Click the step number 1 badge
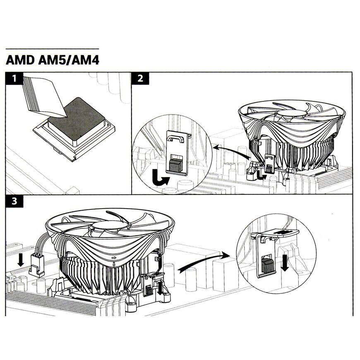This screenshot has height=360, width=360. coord(14,78)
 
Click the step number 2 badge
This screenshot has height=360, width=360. coord(140,78)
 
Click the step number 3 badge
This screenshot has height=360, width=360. coord(14,202)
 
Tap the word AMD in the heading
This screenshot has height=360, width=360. coord(20,60)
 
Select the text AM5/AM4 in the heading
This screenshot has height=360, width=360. coord(68,60)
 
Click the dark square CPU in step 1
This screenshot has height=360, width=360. coord(79,118)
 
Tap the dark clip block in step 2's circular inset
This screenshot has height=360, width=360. coord(175,165)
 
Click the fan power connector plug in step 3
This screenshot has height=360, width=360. coord(37,267)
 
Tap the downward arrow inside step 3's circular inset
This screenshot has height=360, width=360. coord(284,263)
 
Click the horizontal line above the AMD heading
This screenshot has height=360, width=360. coord(53,49)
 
